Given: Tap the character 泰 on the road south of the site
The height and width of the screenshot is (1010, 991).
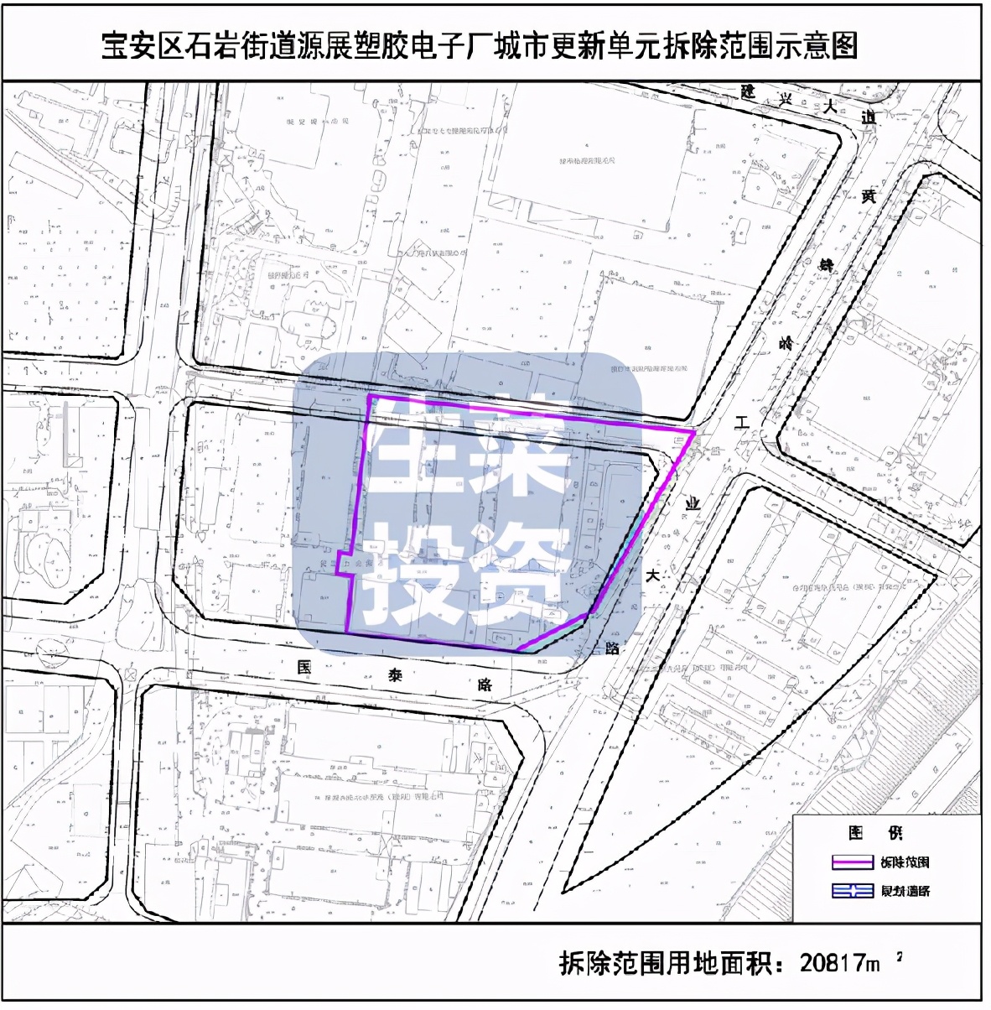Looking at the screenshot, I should point(395,675).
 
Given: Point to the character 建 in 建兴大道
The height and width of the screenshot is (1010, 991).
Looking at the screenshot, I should point(748,91).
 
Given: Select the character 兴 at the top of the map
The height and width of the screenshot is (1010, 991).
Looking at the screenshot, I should point(787,99).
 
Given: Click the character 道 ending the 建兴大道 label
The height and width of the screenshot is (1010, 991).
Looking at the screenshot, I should point(868,117).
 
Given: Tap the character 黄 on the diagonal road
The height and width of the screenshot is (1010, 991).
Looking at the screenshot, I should point(869,196).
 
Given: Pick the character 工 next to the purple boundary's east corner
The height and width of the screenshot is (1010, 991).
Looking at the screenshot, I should point(741,424).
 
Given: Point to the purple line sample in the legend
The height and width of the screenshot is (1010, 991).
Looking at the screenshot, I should point(852,862).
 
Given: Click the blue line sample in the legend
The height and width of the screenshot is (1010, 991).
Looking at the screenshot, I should point(852,891).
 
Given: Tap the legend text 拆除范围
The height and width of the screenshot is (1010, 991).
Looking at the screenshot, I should point(905,862).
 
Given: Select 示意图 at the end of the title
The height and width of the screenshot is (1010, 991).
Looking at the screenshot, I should point(816,46).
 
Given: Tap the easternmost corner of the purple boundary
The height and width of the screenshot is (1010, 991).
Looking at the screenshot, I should point(694,432).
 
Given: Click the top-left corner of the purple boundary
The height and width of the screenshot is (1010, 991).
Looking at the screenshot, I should point(370,396).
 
